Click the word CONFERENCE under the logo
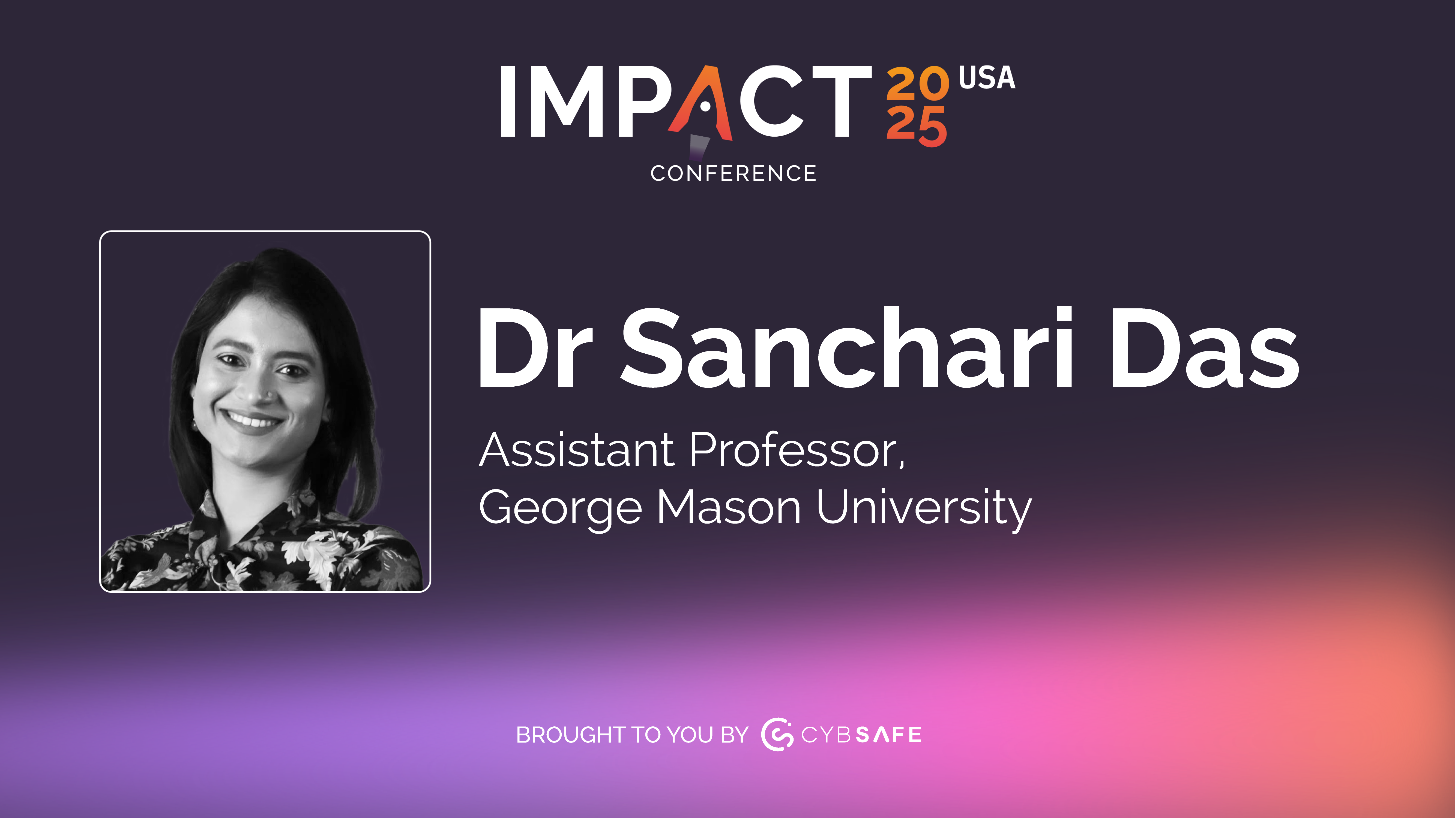733,173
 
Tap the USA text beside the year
987,78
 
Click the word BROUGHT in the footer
570,735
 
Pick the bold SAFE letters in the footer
888,735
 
